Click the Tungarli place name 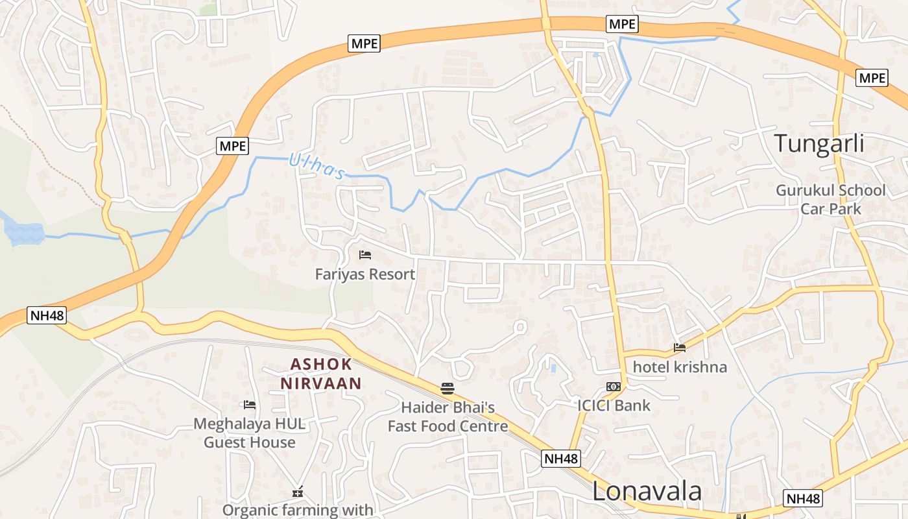(x=819, y=143)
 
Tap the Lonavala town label (x=647, y=491)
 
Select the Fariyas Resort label (x=365, y=274)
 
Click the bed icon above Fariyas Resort (x=365, y=255)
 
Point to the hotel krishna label (x=680, y=367)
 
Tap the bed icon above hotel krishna (x=680, y=348)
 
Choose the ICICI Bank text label (x=614, y=405)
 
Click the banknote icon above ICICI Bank (x=614, y=387)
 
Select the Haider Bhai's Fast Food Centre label (x=448, y=416)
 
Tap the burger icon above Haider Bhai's (x=448, y=389)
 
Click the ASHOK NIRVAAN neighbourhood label (x=321, y=374)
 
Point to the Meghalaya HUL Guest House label (x=250, y=433)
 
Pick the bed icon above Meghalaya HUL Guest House (x=250, y=405)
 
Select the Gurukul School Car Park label (x=831, y=199)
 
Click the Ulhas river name (x=316, y=166)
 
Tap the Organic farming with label (x=298, y=510)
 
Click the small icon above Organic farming (x=298, y=492)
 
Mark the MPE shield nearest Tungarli (x=872, y=78)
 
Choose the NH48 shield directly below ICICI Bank (x=561, y=459)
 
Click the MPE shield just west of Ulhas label (x=232, y=146)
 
